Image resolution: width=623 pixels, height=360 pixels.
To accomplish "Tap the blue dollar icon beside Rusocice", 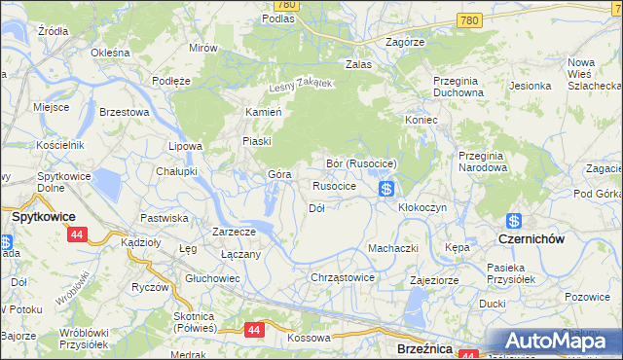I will pos(386,188).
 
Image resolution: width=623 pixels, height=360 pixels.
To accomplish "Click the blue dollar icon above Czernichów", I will pos(514,221).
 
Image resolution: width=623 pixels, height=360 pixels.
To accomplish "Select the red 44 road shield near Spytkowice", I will pos(77,234).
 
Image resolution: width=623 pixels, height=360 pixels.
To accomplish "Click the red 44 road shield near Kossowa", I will pos(254,330).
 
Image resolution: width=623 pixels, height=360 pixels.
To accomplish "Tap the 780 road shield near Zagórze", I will pos(470,19).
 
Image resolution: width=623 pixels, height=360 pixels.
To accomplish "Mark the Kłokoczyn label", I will pos(422,207).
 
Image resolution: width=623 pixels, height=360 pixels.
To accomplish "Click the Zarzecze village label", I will pos(235,232).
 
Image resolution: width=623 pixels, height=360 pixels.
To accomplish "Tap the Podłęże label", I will pos(171,81).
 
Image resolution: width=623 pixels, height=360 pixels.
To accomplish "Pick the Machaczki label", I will pos(392,248).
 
